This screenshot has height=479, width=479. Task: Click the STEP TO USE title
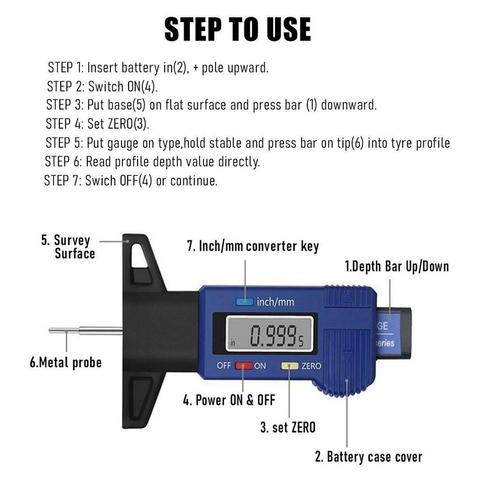tap(238, 29)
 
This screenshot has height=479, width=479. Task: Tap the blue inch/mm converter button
tap(244, 302)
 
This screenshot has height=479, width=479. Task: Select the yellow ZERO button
tap(290, 366)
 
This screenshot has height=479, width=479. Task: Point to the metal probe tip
tap(50, 330)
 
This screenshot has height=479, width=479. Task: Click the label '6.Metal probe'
tap(65, 363)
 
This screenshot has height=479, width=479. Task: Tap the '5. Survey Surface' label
tap(68, 247)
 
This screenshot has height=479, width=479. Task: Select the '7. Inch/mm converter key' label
tap(253, 246)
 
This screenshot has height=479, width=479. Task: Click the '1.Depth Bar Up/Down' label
tap(397, 266)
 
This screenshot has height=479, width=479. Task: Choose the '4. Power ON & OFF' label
tap(229, 400)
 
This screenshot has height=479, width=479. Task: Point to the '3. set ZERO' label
tap(288, 427)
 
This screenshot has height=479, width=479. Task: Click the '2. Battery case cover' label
tap(369, 457)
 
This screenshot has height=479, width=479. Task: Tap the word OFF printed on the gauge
tap(224, 365)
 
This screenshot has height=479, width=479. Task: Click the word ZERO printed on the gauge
tap(311, 366)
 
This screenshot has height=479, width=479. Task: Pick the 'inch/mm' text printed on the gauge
tap(276, 302)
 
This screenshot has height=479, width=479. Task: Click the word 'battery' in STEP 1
tap(140, 68)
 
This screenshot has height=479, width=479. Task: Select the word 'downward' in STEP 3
tap(349, 105)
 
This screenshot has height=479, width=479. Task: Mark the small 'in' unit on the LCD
tap(233, 343)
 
